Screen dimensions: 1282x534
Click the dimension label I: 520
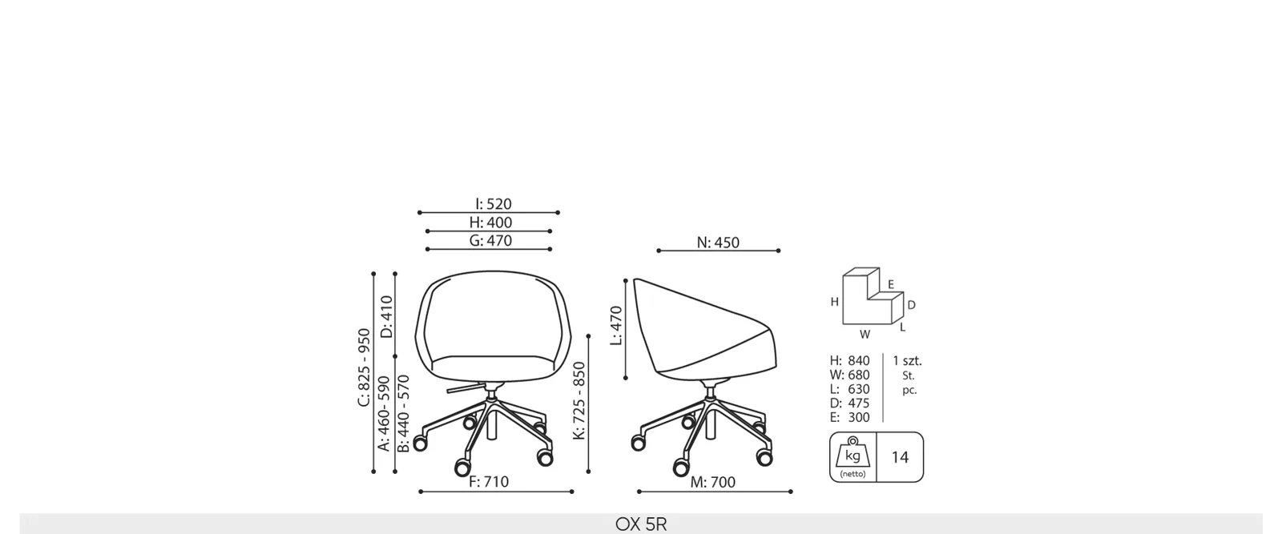click(494, 204)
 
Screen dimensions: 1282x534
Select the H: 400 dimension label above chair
click(490, 223)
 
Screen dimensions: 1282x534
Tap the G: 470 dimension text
click(490, 241)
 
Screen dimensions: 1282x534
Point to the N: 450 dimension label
click(718, 243)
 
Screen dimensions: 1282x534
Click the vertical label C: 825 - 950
click(364, 367)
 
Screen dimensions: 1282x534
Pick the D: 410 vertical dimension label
click(387, 317)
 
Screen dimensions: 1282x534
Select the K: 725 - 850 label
click(579, 400)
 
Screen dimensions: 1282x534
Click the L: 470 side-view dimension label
click(616, 326)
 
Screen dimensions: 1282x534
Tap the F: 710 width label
click(489, 482)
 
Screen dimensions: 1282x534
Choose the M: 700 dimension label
click(712, 483)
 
